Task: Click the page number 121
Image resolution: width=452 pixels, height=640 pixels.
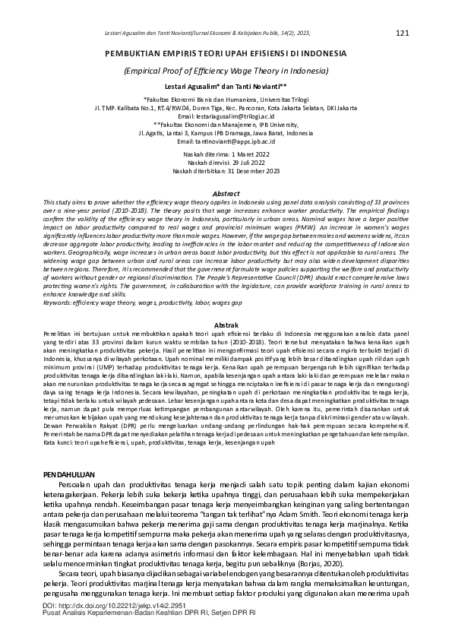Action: [x=403, y=33]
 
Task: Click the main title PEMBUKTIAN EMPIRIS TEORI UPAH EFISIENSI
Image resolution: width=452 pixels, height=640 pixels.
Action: [x=226, y=55]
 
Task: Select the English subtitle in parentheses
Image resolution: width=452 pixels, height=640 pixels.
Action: [x=226, y=71]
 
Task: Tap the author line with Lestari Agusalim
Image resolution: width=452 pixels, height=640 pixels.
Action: [x=226, y=87]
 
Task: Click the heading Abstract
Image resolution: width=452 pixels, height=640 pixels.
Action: [x=226, y=194]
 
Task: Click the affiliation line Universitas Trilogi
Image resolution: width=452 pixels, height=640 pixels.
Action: [x=226, y=100]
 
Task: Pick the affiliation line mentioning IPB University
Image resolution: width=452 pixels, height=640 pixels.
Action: [x=226, y=125]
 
